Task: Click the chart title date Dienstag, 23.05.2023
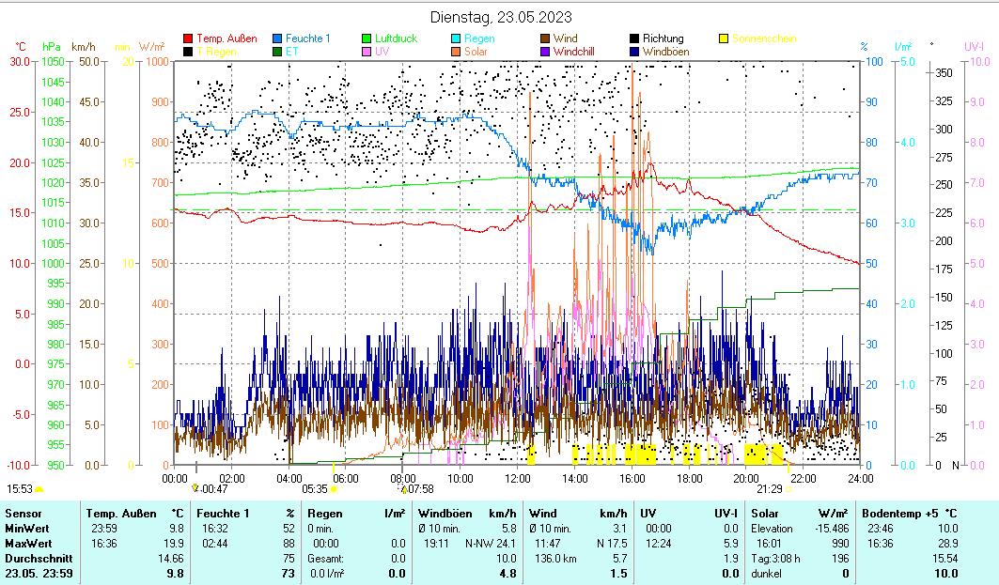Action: [x=500, y=17]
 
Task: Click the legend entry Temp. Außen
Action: [x=226, y=38]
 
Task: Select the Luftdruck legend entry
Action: [x=396, y=38]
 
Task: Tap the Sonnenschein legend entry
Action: [x=764, y=38]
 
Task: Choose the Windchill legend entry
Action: [x=579, y=52]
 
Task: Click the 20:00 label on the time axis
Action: [x=747, y=478]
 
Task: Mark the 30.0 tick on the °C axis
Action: [x=20, y=61]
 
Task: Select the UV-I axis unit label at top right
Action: [x=974, y=46]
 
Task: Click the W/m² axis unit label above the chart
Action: [x=152, y=46]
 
